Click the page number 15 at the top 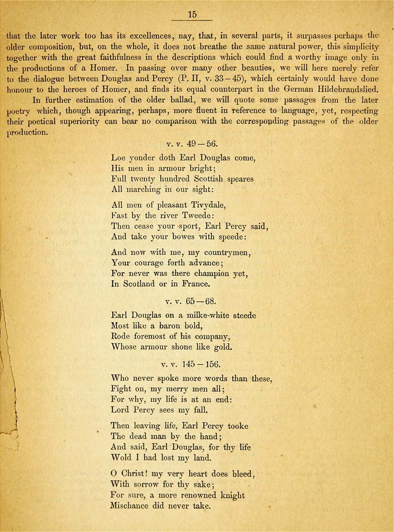click(x=192, y=15)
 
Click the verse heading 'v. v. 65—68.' click(x=190, y=301)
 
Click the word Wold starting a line click(x=121, y=458)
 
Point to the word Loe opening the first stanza click(x=119, y=158)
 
